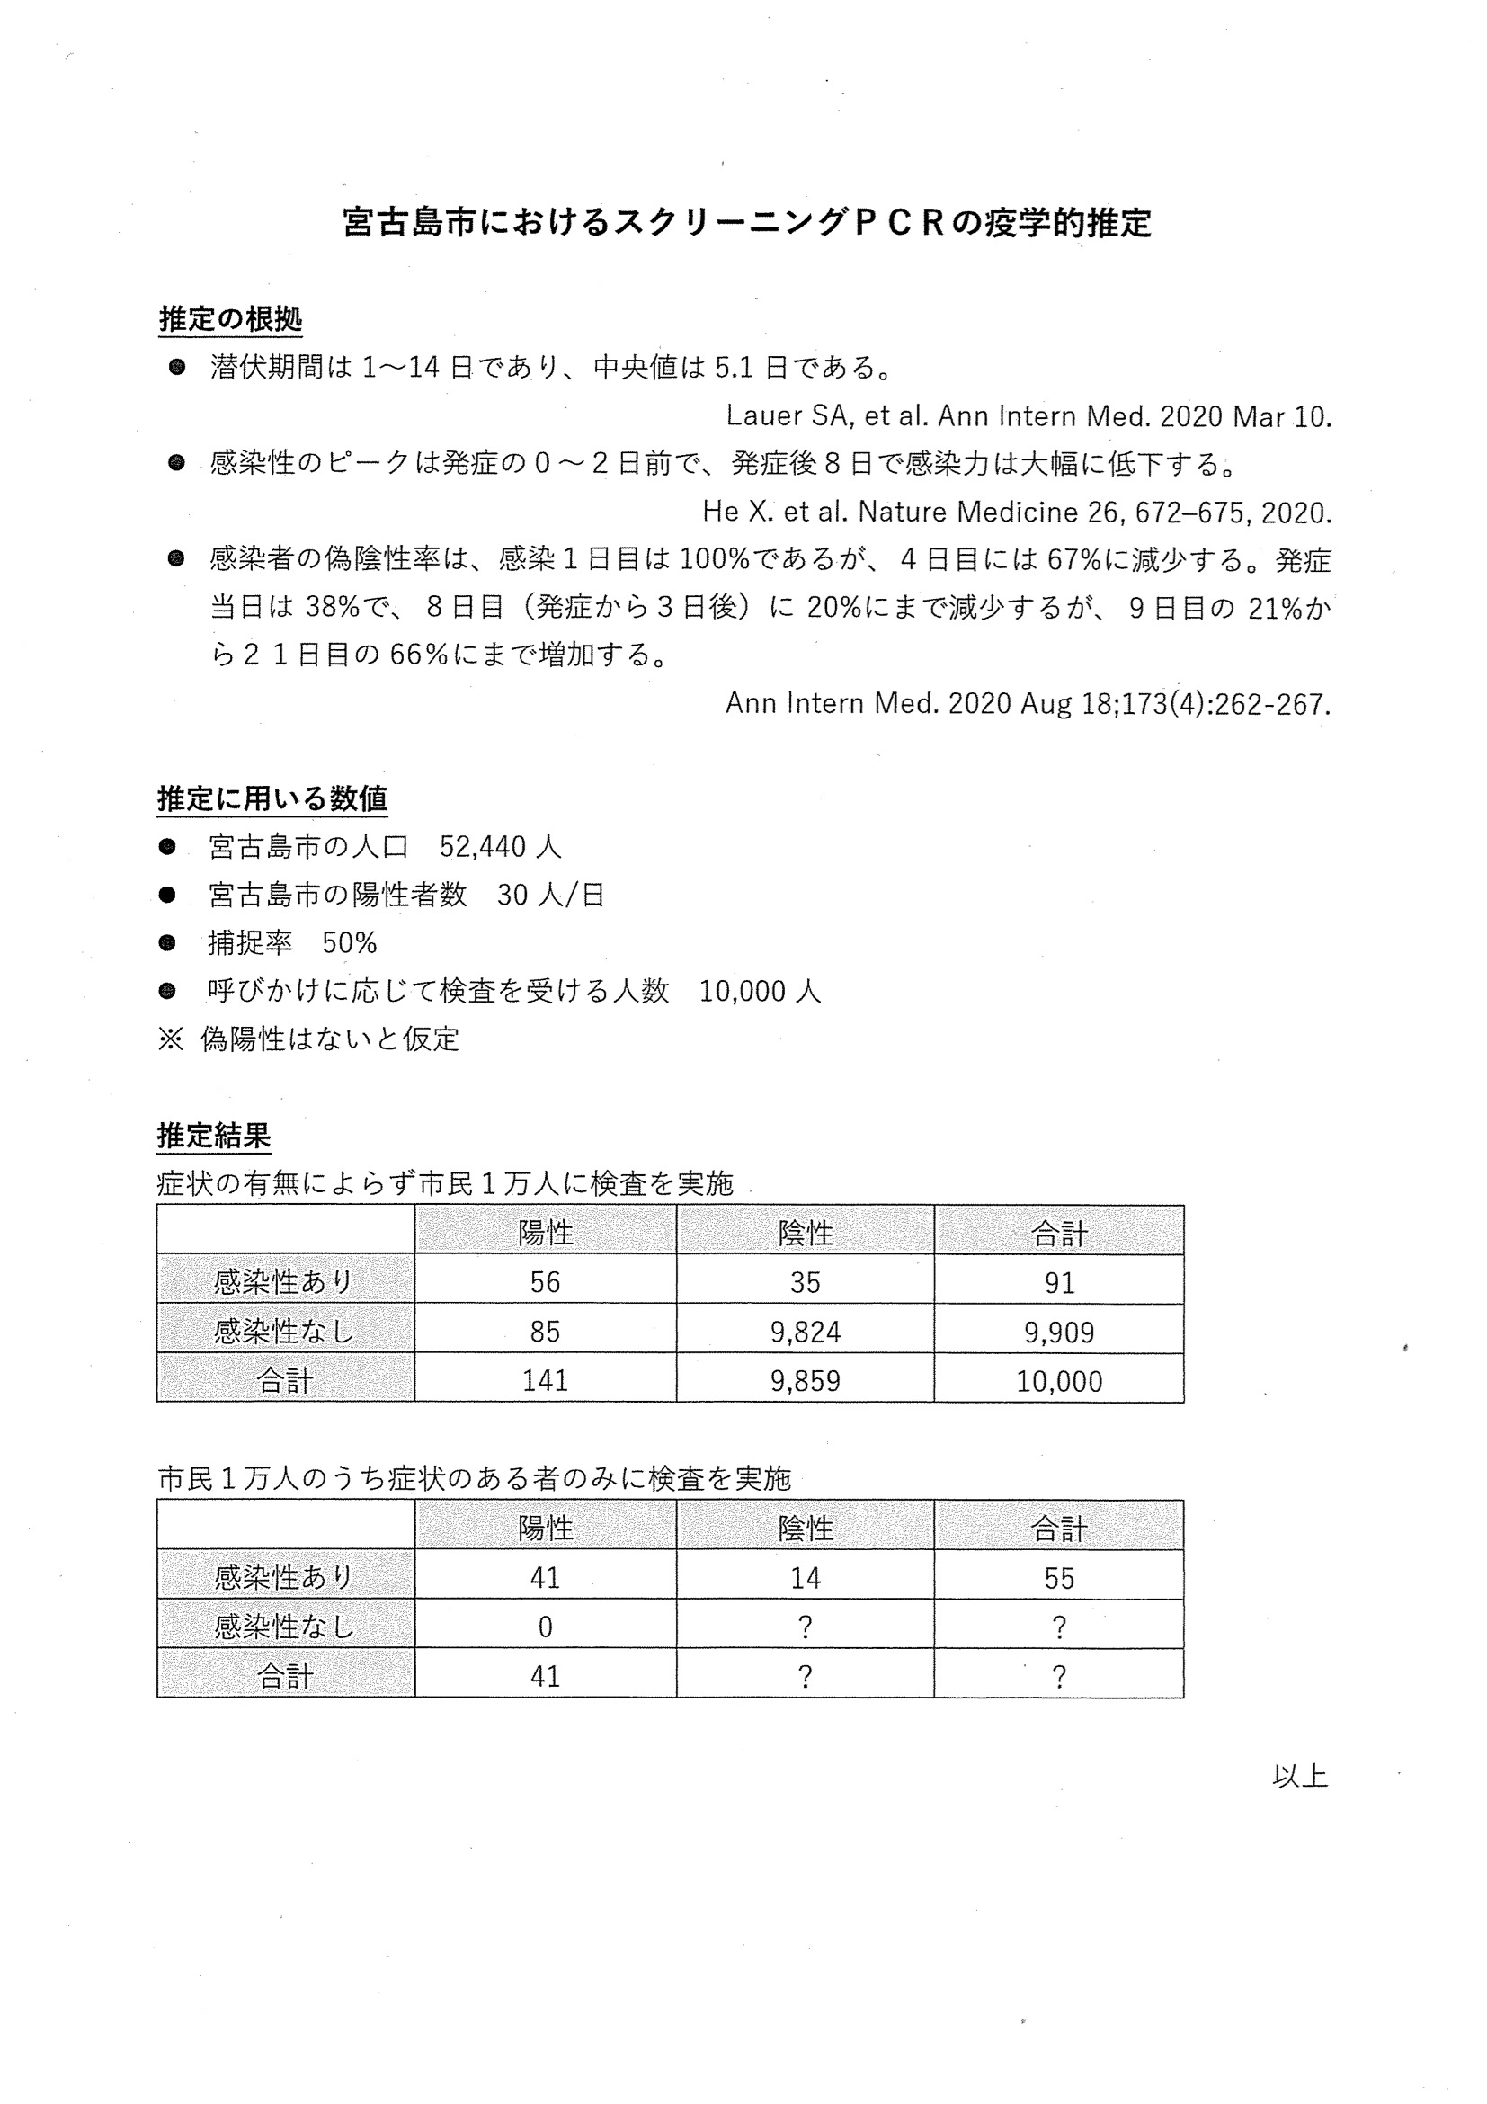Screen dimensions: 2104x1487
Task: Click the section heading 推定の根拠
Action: click(x=230, y=319)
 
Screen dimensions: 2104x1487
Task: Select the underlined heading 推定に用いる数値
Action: click(x=272, y=798)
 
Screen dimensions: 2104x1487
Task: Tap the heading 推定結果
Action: click(x=213, y=1136)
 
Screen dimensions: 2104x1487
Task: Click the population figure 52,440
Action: click(x=482, y=847)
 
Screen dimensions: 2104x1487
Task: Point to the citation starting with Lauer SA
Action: click(x=1028, y=416)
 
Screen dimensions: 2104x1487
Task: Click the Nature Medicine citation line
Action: click(x=1016, y=512)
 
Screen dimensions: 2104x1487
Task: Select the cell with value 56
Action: click(x=544, y=1282)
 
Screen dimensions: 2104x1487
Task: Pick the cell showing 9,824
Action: click(x=805, y=1332)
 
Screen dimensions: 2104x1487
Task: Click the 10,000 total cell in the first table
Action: click(x=1058, y=1381)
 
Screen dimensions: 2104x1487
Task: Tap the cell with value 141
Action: click(x=544, y=1381)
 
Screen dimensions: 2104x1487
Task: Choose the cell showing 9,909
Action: click(x=1058, y=1332)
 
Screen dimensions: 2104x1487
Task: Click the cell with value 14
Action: click(x=805, y=1577)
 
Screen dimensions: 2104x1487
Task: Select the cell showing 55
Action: click(x=1058, y=1577)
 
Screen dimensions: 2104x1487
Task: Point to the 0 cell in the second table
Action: click(x=544, y=1627)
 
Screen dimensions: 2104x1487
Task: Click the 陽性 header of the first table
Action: click(x=544, y=1233)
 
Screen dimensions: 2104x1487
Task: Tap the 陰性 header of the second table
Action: click(x=805, y=1528)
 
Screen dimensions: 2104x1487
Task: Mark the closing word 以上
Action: click(x=1299, y=1776)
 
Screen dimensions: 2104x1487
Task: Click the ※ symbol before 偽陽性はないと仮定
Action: click(x=171, y=1039)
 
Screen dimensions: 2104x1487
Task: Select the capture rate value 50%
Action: click(x=349, y=943)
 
